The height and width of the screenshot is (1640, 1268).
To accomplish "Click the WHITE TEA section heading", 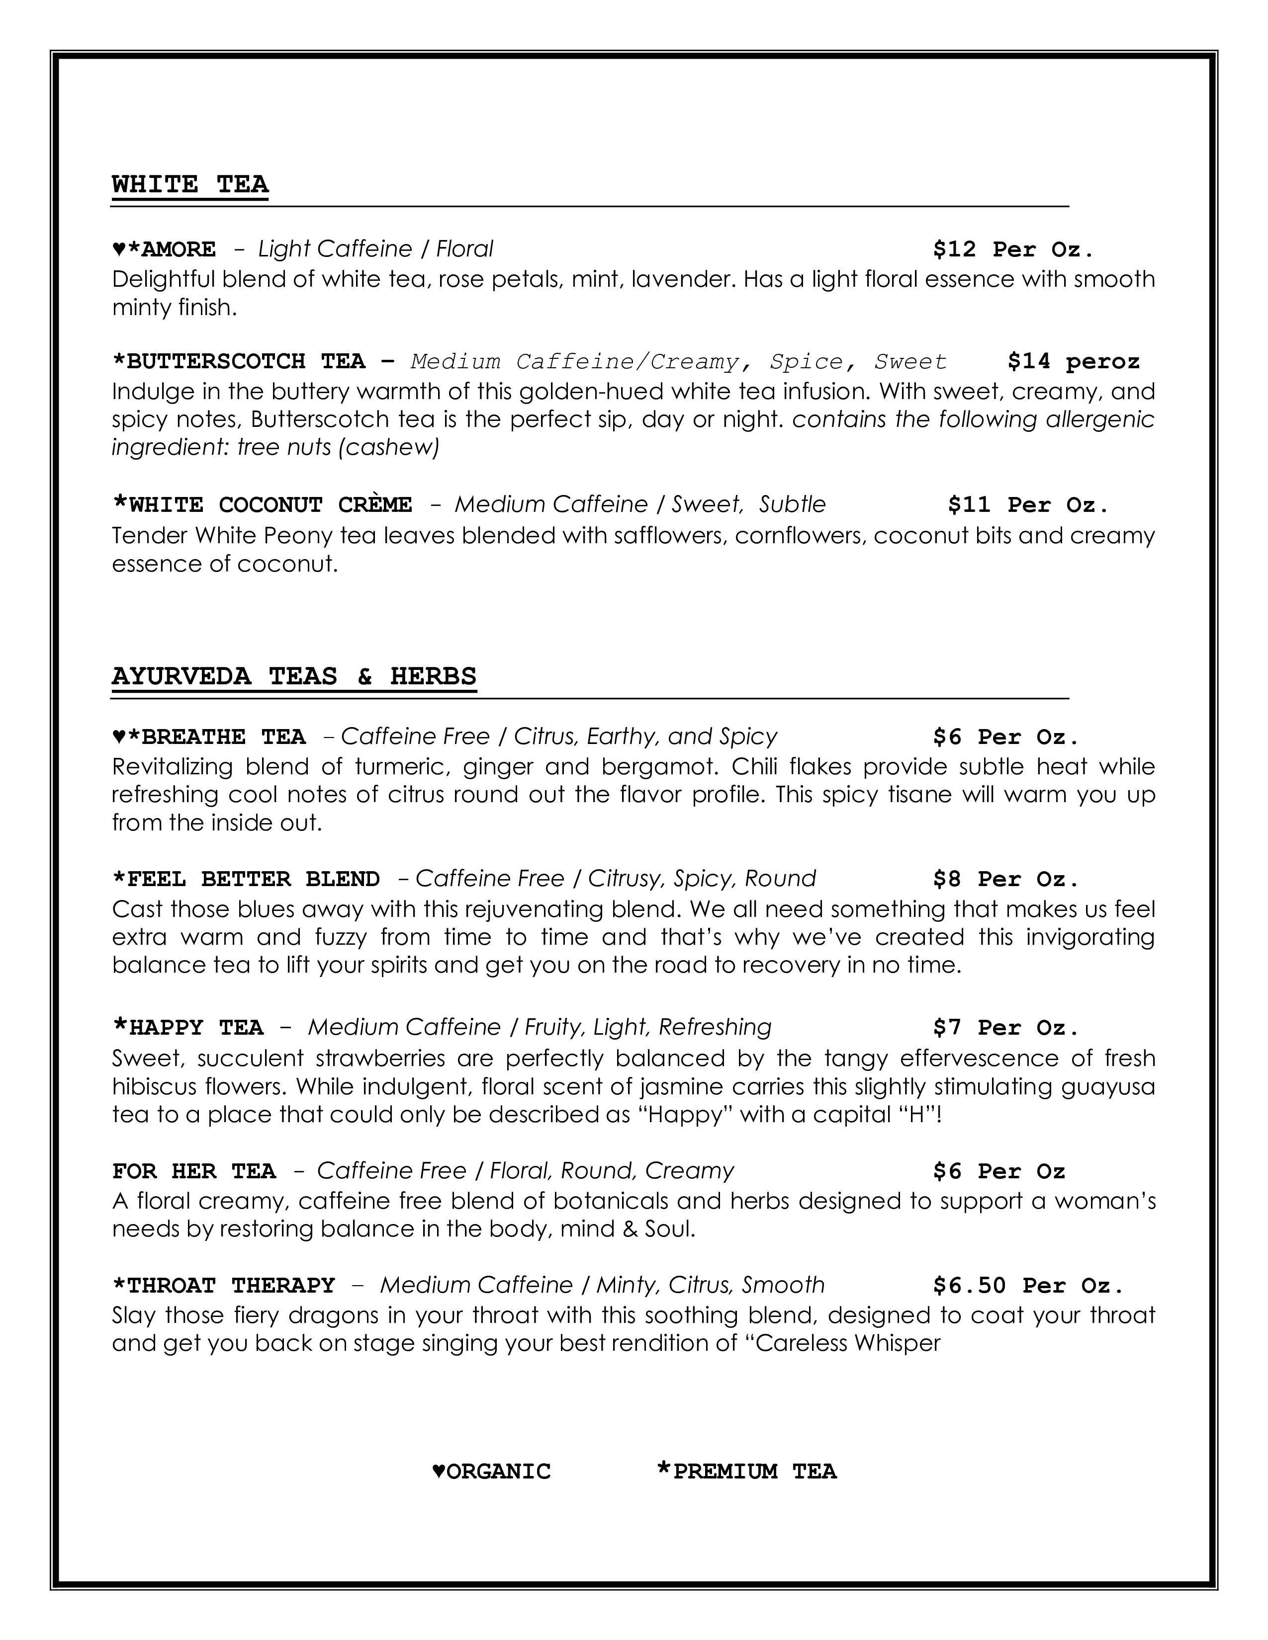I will [x=190, y=184].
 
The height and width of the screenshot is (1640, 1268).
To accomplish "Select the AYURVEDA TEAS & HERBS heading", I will [x=294, y=676].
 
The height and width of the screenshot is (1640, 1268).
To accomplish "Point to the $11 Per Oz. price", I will [x=1028, y=504].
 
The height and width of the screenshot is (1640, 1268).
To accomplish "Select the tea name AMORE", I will [x=178, y=249].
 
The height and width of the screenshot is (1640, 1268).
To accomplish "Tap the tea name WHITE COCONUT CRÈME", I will [x=271, y=504].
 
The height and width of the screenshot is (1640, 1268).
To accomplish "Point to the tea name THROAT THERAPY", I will [x=231, y=1286].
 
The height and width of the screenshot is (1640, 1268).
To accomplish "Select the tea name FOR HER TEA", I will [x=194, y=1171].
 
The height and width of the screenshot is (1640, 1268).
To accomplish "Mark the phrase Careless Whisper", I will [x=847, y=1343].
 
